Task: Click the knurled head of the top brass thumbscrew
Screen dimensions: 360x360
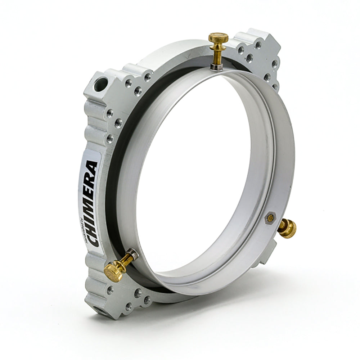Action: tap(219, 37)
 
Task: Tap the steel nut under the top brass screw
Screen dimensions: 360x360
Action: tap(217, 66)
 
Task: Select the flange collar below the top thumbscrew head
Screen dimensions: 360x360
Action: tap(218, 45)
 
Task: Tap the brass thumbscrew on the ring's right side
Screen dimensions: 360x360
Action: tap(287, 228)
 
